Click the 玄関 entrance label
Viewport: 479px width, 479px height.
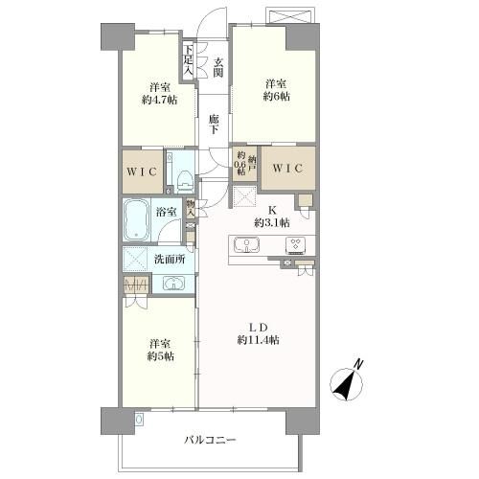tap(218, 67)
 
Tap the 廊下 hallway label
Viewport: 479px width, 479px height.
tap(214, 125)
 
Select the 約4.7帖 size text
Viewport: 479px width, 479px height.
tap(160, 100)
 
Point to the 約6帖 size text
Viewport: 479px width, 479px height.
tap(277, 96)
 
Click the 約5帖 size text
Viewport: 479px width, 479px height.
tap(161, 356)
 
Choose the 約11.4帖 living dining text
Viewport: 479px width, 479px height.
tap(258, 340)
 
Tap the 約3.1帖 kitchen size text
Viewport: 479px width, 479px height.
tap(272, 222)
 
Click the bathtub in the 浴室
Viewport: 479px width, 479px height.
tap(137, 220)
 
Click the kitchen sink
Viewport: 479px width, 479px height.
tap(246, 245)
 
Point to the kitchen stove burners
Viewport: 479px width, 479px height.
tap(296, 245)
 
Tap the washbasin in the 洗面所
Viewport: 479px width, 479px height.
tap(173, 284)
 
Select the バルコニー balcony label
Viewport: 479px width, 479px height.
tap(210, 441)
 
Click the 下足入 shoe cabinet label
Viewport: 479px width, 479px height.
tap(189, 60)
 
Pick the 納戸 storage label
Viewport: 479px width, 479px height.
tap(252, 163)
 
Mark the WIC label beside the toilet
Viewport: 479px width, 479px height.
tap(142, 172)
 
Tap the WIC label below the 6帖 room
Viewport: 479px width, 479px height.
tap(287, 169)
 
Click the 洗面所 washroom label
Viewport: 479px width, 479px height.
tap(170, 259)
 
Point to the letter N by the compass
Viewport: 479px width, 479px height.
tap(359, 364)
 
